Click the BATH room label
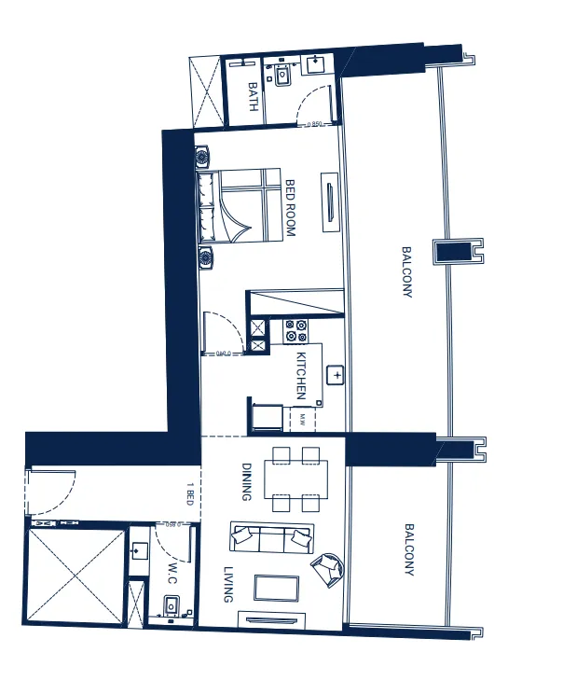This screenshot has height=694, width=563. coord(253,97)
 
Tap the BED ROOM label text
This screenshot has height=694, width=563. coord(290,207)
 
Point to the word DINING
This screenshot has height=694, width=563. coord(247,481)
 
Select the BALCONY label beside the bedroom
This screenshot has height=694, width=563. coord(406,271)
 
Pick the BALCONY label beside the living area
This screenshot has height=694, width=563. coord(408,549)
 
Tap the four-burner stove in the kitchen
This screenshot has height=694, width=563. coord(296,330)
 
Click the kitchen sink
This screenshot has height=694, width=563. coord(336,374)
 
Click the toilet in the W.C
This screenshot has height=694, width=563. coord(171,607)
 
